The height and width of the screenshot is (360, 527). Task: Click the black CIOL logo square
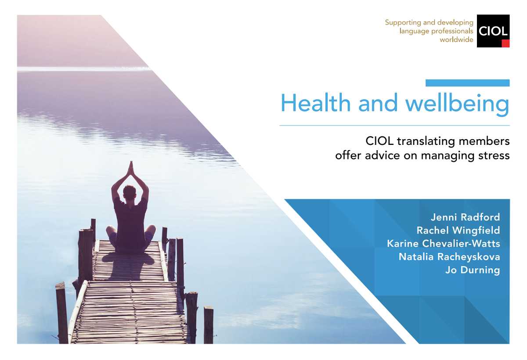pyautogui.click(x=493, y=31)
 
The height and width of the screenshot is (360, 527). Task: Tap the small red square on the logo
pyautogui.click(x=505, y=43)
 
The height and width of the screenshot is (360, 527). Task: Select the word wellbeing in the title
pyautogui.click(x=457, y=104)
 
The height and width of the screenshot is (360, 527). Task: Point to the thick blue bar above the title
pyautogui.click(x=467, y=83)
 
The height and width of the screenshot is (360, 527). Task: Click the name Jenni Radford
pyautogui.click(x=466, y=217)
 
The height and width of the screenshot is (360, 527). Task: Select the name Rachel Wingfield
pyautogui.click(x=458, y=230)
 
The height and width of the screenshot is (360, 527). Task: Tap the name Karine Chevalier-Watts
pyautogui.click(x=444, y=243)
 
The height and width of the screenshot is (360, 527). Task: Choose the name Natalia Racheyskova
pyautogui.click(x=449, y=257)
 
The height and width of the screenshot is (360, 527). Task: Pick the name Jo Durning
pyautogui.click(x=473, y=270)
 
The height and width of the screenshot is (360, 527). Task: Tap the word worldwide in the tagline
pyautogui.click(x=456, y=40)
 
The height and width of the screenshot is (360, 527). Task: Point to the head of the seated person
pyautogui.click(x=130, y=193)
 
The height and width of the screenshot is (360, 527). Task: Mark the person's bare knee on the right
pyautogui.click(x=151, y=230)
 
